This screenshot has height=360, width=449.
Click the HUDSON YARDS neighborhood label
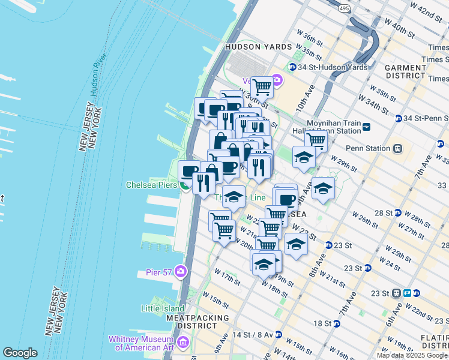(252, 47)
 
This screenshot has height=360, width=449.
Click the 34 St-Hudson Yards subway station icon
(292, 67)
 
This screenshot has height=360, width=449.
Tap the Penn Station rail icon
(397, 148)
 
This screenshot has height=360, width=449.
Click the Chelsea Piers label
(151, 185)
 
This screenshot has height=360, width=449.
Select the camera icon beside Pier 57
(179, 272)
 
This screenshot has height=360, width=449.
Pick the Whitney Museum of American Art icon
(184, 343)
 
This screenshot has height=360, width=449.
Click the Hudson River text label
(97, 74)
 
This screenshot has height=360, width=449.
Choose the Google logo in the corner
(20, 353)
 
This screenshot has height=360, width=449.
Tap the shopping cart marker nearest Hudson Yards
(262, 87)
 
